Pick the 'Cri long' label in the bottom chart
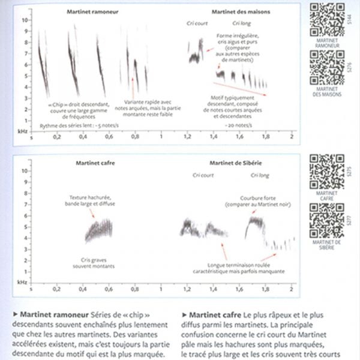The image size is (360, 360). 260,175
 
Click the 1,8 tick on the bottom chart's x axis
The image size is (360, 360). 266,289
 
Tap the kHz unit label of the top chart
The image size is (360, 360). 22,130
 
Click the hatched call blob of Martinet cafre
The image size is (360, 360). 98,230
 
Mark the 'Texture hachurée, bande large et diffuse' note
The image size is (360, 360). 91,200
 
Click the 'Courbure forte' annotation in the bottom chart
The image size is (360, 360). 253,200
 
